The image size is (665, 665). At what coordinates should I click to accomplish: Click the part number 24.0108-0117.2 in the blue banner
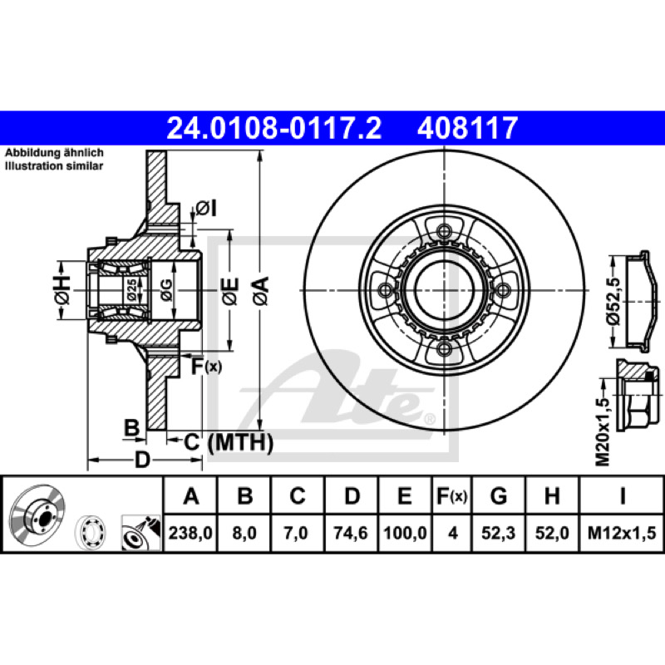pos(274,129)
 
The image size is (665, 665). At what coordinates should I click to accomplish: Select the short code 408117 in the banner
pos(467,129)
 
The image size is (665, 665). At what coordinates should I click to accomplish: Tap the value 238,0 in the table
pos(190,533)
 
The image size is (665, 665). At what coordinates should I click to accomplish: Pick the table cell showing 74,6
pos(350,533)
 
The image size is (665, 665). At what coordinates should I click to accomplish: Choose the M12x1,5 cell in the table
pos(621,533)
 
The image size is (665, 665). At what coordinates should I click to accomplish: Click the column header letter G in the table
pos(499,495)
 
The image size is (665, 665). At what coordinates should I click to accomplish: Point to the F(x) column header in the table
pos(452,495)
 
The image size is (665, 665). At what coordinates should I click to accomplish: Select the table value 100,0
pos(405,533)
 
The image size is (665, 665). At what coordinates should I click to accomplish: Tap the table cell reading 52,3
pos(498,533)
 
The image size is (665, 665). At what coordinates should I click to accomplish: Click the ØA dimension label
pos(261,291)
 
